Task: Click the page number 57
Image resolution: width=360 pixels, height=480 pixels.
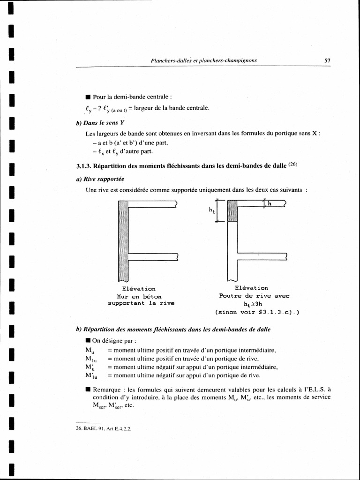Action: [x=327, y=60]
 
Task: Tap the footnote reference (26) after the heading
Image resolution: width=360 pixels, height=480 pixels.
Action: [x=292, y=164]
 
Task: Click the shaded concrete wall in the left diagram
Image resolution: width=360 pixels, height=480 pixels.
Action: [x=123, y=239]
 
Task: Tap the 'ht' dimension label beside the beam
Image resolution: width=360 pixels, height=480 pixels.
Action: [x=212, y=210]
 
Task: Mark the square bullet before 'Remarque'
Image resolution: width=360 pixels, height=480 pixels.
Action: [x=88, y=389]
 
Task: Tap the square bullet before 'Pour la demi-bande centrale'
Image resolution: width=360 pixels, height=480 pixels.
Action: [x=88, y=97]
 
